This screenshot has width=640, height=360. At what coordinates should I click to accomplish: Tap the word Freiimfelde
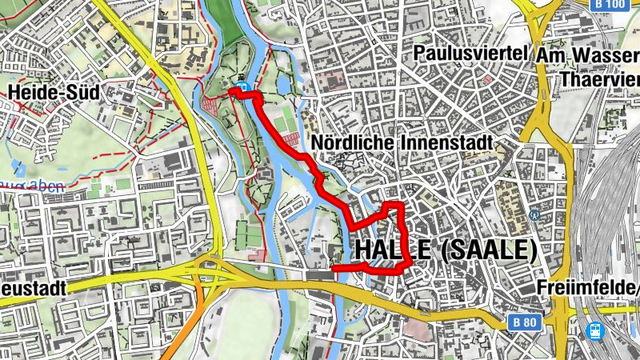(x=589, y=288)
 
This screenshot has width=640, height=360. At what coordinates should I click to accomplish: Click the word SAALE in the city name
(x=488, y=250)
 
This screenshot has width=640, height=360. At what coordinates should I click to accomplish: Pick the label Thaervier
(x=599, y=79)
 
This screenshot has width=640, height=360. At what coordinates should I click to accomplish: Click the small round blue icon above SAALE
(x=534, y=214)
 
